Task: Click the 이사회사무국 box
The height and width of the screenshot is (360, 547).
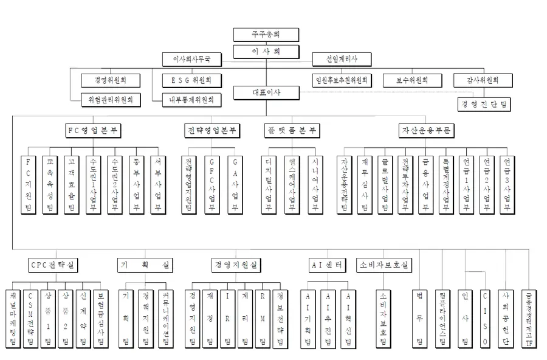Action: click(x=191, y=60)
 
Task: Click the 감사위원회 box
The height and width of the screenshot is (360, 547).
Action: click(x=484, y=80)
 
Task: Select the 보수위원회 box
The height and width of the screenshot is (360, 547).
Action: click(x=412, y=80)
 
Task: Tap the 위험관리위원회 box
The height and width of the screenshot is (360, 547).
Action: click(x=111, y=99)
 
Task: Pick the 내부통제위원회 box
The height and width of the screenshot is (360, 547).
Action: click(x=192, y=99)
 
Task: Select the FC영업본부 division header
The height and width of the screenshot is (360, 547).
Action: click(x=95, y=131)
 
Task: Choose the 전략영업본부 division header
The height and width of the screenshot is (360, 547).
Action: click(x=211, y=131)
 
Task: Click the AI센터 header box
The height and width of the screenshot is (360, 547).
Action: click(x=328, y=265)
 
